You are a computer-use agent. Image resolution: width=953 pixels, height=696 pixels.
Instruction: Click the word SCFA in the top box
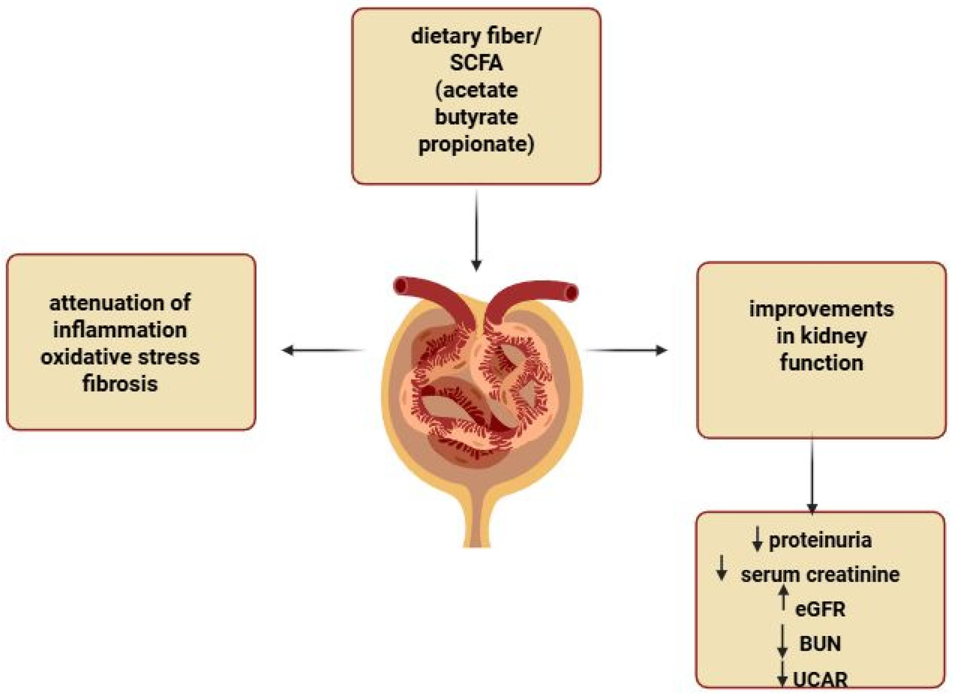476,63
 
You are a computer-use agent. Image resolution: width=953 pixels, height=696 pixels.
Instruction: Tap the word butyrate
476,117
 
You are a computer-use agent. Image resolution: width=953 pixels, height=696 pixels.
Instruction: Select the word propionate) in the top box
476,145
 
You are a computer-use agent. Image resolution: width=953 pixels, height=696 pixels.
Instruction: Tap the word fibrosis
120,384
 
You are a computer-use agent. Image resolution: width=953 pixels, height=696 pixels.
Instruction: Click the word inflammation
120,330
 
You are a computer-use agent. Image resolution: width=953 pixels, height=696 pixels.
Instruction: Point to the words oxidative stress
120,357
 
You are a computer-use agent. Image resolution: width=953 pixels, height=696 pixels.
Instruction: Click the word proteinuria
820,541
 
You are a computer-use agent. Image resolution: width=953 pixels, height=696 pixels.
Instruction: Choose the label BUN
820,644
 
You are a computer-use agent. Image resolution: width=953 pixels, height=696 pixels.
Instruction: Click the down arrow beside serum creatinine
722,568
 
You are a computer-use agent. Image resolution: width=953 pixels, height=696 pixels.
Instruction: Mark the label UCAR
820,679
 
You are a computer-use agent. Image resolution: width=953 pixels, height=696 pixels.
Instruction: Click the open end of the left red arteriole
400,286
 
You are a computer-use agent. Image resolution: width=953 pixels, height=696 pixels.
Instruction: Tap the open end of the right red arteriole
572,293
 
